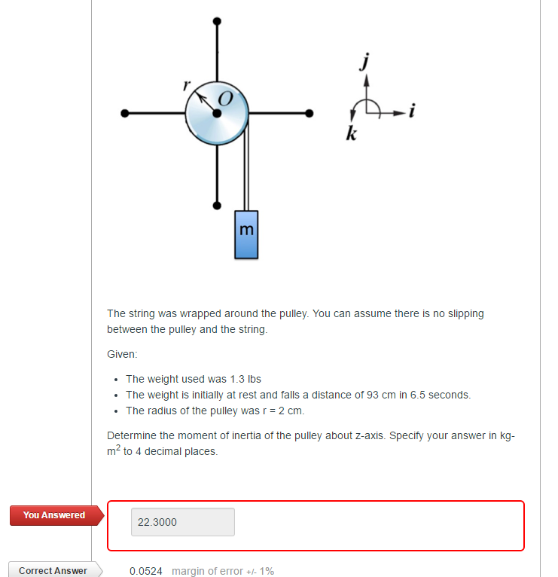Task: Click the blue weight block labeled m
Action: point(246,234)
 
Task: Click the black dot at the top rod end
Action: point(217,20)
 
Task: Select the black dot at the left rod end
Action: point(125,114)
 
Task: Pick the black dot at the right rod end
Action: point(309,114)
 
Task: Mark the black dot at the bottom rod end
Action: point(217,204)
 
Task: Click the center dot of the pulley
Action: point(217,114)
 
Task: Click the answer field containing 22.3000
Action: point(183,522)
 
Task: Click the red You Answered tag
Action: point(54,515)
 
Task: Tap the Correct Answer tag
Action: point(53,570)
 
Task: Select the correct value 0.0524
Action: point(146,571)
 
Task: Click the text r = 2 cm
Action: point(280,411)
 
